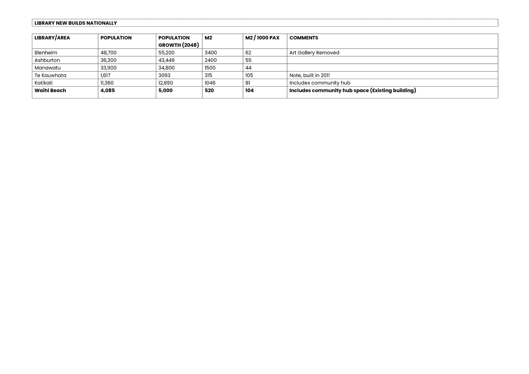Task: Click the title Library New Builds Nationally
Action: point(76,23)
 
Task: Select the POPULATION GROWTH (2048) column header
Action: point(179,41)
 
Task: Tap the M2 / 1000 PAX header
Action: point(262,38)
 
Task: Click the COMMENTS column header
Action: point(304,38)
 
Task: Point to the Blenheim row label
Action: point(46,53)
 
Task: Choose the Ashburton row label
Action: point(47,60)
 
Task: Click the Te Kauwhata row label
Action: point(50,75)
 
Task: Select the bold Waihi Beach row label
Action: point(50,90)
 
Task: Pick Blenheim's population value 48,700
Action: point(109,53)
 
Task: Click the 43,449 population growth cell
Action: point(166,60)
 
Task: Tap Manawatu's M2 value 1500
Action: point(210,68)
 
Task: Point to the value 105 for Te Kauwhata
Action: point(249,75)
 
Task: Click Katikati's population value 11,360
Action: point(107,83)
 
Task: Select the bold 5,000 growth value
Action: point(165,90)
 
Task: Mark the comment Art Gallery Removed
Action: point(314,53)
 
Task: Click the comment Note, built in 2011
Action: point(309,75)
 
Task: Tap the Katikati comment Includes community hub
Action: point(320,83)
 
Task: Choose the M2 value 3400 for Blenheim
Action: point(211,53)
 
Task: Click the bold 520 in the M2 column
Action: point(209,90)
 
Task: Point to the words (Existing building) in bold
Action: point(393,90)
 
